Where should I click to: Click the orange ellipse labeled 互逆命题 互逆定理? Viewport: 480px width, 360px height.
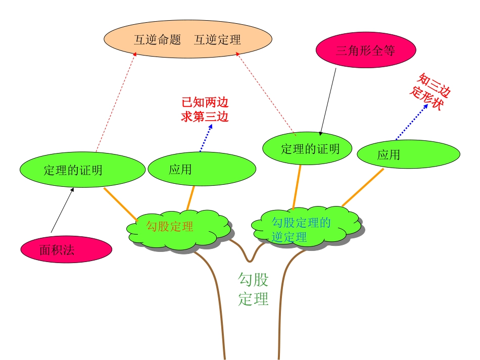tap(187, 39)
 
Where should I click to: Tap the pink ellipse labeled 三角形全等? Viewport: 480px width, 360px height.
tap(365, 50)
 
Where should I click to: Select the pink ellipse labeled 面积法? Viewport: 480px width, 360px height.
tap(66, 249)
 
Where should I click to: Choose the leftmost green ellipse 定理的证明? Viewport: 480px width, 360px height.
tap(73, 170)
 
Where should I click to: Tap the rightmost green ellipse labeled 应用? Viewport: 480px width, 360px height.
tap(408, 155)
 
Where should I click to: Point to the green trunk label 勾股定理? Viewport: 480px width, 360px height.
tap(253, 289)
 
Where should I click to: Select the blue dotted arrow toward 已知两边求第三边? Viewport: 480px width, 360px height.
tap(206, 138)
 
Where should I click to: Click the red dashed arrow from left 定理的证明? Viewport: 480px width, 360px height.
tap(116, 104)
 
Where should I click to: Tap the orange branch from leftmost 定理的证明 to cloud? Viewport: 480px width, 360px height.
tap(121, 204)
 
